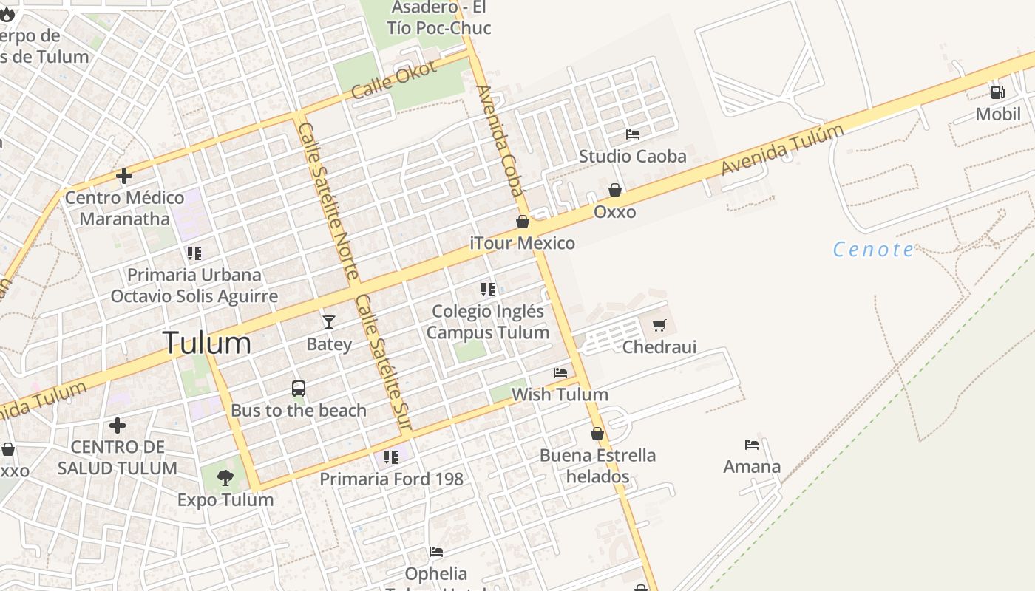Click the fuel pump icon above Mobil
(997, 92)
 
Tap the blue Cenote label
(873, 250)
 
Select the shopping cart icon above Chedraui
(659, 325)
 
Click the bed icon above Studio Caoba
(633, 134)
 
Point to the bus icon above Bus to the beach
(299, 389)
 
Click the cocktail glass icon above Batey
(329, 322)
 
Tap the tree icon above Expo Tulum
(225, 478)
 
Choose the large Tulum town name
(206, 344)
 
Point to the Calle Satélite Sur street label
(382, 362)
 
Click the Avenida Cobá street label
(500, 140)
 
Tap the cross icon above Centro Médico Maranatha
(124, 176)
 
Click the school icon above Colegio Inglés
(488, 290)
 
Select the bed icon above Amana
(752, 445)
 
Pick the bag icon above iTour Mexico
(523, 222)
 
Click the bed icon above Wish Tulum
(560, 373)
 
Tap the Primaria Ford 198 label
(391, 479)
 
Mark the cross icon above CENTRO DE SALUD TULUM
(117, 426)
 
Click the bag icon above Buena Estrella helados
(597, 434)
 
